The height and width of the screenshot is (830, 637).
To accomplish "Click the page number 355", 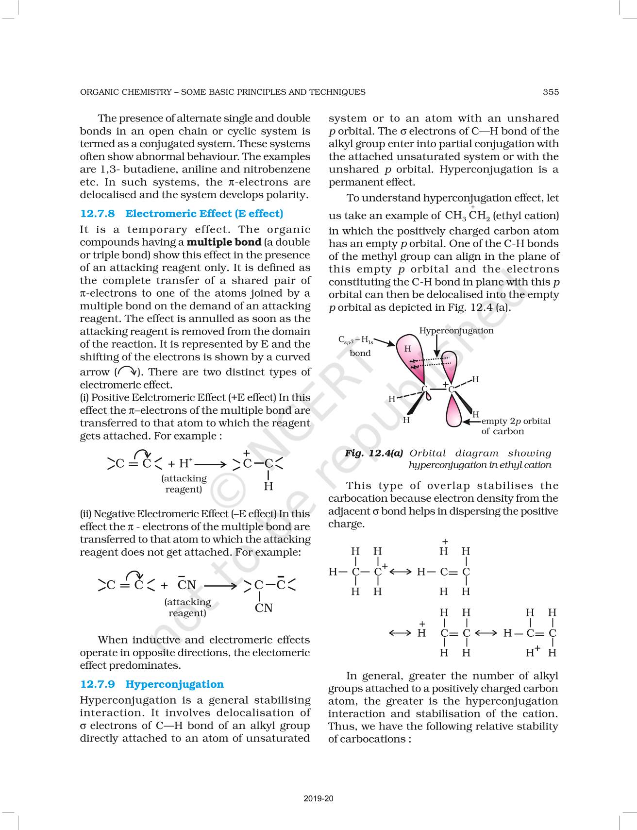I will (551, 92).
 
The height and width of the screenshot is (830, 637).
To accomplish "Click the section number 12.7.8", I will (97, 214).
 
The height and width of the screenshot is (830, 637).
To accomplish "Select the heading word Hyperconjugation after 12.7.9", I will (174, 684).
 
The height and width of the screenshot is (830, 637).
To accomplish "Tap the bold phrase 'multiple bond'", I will (224, 242).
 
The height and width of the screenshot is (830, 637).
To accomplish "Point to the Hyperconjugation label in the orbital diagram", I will (456, 331).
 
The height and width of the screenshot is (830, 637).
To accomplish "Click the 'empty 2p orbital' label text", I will (516, 421).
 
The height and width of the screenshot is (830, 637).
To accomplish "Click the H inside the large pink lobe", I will (407, 348).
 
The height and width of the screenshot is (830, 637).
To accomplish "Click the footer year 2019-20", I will (318, 798).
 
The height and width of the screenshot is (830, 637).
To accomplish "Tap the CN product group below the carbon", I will (264, 608).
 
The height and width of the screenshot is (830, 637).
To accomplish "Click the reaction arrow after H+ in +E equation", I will (210, 464).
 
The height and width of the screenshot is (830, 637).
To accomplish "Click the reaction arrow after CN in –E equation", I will (221, 585).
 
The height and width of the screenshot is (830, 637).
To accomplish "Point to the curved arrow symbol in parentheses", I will (127, 372).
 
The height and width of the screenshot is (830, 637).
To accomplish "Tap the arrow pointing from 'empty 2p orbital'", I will (471, 422).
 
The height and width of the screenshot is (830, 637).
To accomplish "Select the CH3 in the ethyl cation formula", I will (455, 216).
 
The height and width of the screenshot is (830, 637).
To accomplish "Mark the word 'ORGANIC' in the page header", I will (97, 92).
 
